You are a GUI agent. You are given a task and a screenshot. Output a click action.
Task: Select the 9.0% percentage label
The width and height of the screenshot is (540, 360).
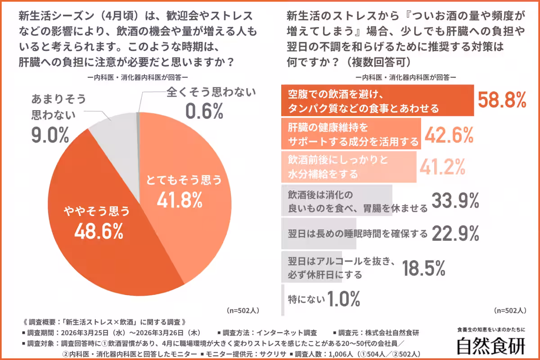pos(50,135)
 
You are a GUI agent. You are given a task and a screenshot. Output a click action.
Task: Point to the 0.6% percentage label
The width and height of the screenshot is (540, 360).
pos(204,111)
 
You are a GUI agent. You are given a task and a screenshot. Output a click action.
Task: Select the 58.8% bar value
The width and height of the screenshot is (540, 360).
pos(502,100)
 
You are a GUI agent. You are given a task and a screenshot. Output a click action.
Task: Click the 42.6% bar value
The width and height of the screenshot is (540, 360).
pos(448,134)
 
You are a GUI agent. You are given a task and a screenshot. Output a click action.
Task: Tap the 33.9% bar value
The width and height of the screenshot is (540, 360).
pos(455,201)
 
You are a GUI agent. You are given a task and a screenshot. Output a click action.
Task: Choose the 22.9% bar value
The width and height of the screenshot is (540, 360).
pos(455,233)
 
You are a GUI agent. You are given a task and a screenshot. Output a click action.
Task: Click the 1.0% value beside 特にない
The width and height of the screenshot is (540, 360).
pos(344,298)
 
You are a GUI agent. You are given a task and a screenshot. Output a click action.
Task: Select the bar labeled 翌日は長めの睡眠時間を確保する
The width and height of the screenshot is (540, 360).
pos(319,234)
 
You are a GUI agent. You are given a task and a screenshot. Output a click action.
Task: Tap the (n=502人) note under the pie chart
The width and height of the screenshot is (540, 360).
pos(243,310)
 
